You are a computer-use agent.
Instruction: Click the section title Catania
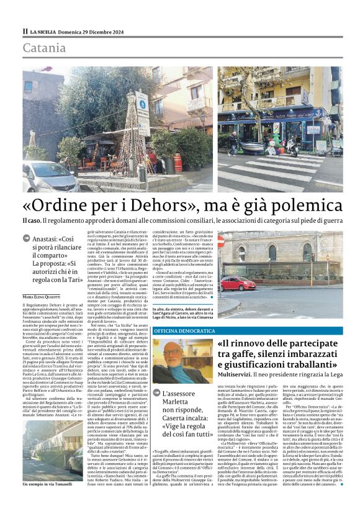point(43,48)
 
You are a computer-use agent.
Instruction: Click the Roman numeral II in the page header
point(25,31)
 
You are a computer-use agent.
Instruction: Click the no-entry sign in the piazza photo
point(220,242)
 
